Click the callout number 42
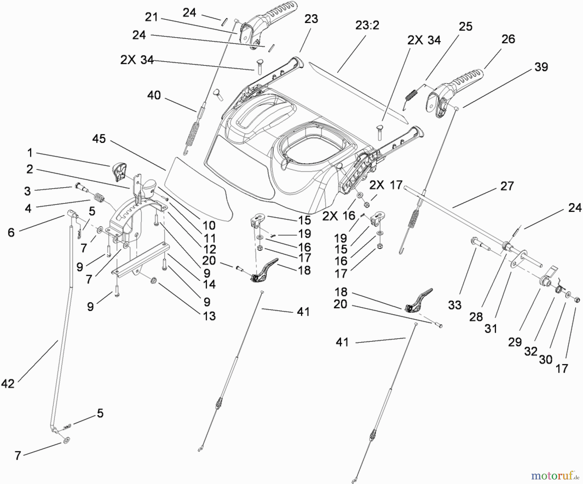pos(8,384)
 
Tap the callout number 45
pos(99,139)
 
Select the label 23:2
pos(367,25)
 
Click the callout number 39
pos(541,67)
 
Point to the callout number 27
pos(507,186)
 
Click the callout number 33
pos(454,305)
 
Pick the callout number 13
pos(209,316)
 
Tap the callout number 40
pos(154,95)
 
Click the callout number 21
pos(151,17)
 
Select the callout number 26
pos(508,39)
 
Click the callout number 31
pos(491,328)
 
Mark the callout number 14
pos(209,284)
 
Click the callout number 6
pos(11,232)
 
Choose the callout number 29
pos(515,342)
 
